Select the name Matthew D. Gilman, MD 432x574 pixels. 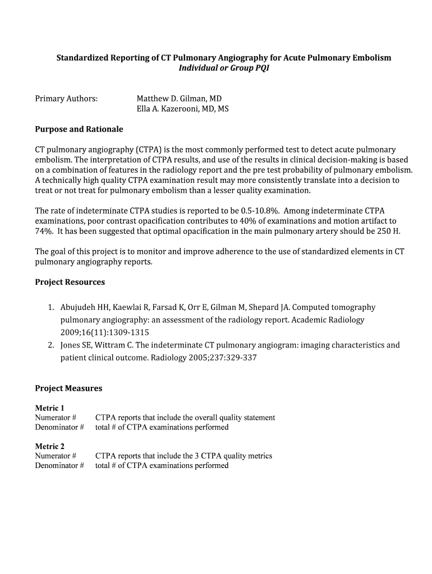(179, 99)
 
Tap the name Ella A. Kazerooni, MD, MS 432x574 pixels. (182, 109)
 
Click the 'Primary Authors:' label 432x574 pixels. (66, 99)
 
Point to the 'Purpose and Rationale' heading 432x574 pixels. (79, 129)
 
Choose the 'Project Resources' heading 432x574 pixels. (70, 282)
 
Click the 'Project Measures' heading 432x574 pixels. (68, 388)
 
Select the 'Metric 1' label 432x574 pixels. (50, 408)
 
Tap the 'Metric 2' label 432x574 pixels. (50, 446)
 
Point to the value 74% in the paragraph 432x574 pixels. (44, 231)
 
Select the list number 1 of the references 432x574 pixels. (50, 307)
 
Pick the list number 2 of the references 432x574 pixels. (50, 345)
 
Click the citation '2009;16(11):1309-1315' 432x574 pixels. (104, 332)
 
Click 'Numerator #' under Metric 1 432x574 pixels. (56, 418)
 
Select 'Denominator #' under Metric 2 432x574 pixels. (59, 465)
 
